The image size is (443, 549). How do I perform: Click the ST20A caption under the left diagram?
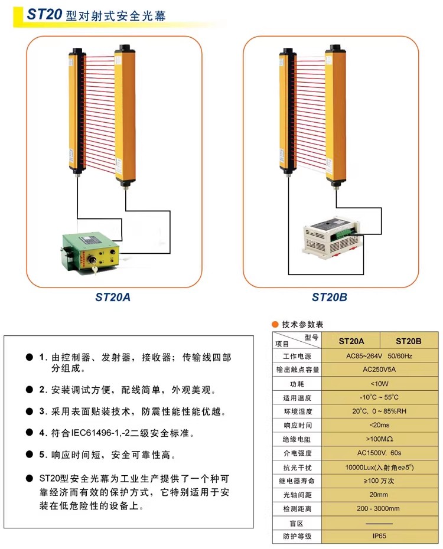click(x=113, y=298)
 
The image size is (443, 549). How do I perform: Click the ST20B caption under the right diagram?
click(x=330, y=298)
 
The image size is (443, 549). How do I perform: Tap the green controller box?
click(x=91, y=253)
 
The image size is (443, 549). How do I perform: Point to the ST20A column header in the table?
click(x=351, y=341)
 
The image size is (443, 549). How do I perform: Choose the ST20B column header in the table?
click(x=408, y=341)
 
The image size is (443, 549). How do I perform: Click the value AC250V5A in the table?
click(x=379, y=370)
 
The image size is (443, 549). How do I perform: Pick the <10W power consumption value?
click(x=379, y=384)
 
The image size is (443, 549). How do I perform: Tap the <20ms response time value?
click(x=379, y=425)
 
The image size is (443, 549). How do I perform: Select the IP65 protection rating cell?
click(x=379, y=535)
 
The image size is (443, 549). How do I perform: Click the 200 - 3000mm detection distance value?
click(x=378, y=508)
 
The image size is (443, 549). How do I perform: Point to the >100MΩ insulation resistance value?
click(x=379, y=439)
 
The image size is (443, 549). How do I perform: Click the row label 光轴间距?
click(x=297, y=495)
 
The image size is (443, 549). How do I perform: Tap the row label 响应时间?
click(x=297, y=426)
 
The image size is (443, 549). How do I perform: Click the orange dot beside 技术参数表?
click(x=275, y=324)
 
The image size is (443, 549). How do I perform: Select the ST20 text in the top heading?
click(x=44, y=14)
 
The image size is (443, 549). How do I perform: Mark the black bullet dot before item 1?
click(x=30, y=357)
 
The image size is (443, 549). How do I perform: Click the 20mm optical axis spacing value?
click(x=379, y=495)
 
